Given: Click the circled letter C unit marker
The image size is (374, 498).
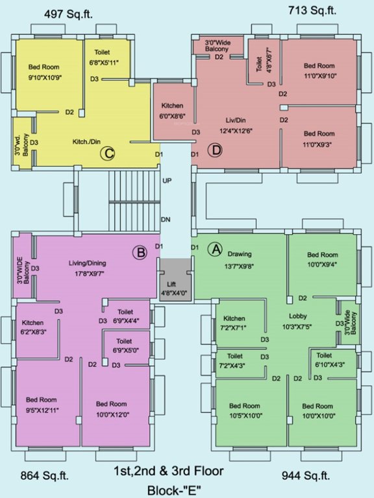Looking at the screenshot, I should click(108, 154).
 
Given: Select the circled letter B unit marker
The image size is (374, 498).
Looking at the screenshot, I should click(139, 252).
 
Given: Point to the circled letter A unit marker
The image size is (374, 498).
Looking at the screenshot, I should click(214, 248).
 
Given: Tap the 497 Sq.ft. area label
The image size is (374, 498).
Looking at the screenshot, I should click(68, 14).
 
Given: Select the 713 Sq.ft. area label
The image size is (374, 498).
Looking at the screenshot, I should click(312, 10).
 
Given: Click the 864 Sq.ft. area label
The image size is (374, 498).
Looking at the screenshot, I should click(46, 476).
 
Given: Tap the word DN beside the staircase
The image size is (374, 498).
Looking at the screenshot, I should click(166, 220).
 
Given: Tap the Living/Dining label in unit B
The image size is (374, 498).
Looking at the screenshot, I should click(87, 263).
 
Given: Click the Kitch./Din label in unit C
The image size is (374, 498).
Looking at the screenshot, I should click(86, 140).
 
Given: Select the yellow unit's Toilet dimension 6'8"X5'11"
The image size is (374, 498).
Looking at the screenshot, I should click(104, 62).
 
